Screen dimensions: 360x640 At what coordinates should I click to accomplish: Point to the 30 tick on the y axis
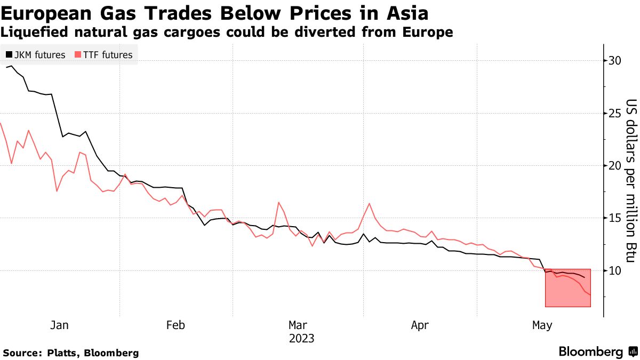click(614, 61)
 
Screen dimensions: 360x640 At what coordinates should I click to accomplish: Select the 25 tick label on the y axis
click(614, 113)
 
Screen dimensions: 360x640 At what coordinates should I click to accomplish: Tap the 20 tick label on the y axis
click(614, 165)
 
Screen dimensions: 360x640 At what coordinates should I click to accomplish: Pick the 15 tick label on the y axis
click(614, 218)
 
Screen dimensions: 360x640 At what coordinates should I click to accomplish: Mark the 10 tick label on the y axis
click(614, 270)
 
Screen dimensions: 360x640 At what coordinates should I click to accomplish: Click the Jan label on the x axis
click(59, 325)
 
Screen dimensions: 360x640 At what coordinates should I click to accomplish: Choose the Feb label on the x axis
click(175, 325)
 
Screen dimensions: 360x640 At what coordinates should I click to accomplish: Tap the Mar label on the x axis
click(298, 325)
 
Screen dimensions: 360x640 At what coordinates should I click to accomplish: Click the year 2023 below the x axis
click(301, 338)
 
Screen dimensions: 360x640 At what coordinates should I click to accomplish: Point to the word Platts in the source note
click(59, 353)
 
